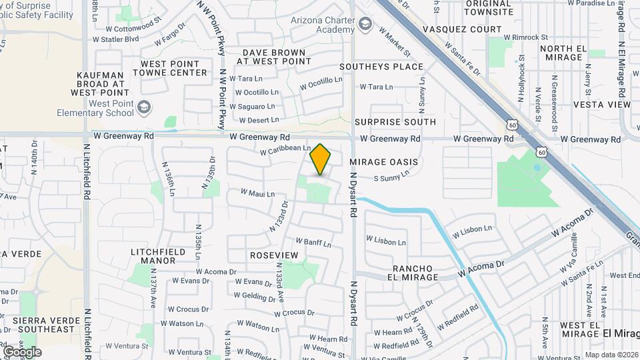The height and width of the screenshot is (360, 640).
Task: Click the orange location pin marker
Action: pyautogui.click(x=321, y=159)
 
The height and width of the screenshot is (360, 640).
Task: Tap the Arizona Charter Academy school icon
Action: pyautogui.click(x=365, y=25)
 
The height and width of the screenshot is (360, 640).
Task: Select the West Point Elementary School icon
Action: pyautogui.click(x=144, y=107)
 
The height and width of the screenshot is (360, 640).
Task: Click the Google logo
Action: pyautogui.click(x=22, y=351)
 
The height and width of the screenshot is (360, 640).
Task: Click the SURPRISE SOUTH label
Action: pyautogui.click(x=395, y=122)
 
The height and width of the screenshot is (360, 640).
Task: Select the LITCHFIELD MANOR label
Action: pyautogui.click(x=153, y=255)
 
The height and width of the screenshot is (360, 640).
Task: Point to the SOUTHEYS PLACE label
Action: pyautogui.click(x=381, y=67)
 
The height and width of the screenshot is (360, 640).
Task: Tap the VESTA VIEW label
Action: pyautogui.click(x=601, y=105)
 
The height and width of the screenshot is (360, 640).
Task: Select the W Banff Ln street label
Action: pyautogui.click(x=313, y=243)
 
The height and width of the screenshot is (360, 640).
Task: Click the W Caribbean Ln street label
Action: pyautogui.click(x=285, y=150)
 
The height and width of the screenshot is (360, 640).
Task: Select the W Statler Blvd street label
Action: pyautogui.click(x=115, y=39)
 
